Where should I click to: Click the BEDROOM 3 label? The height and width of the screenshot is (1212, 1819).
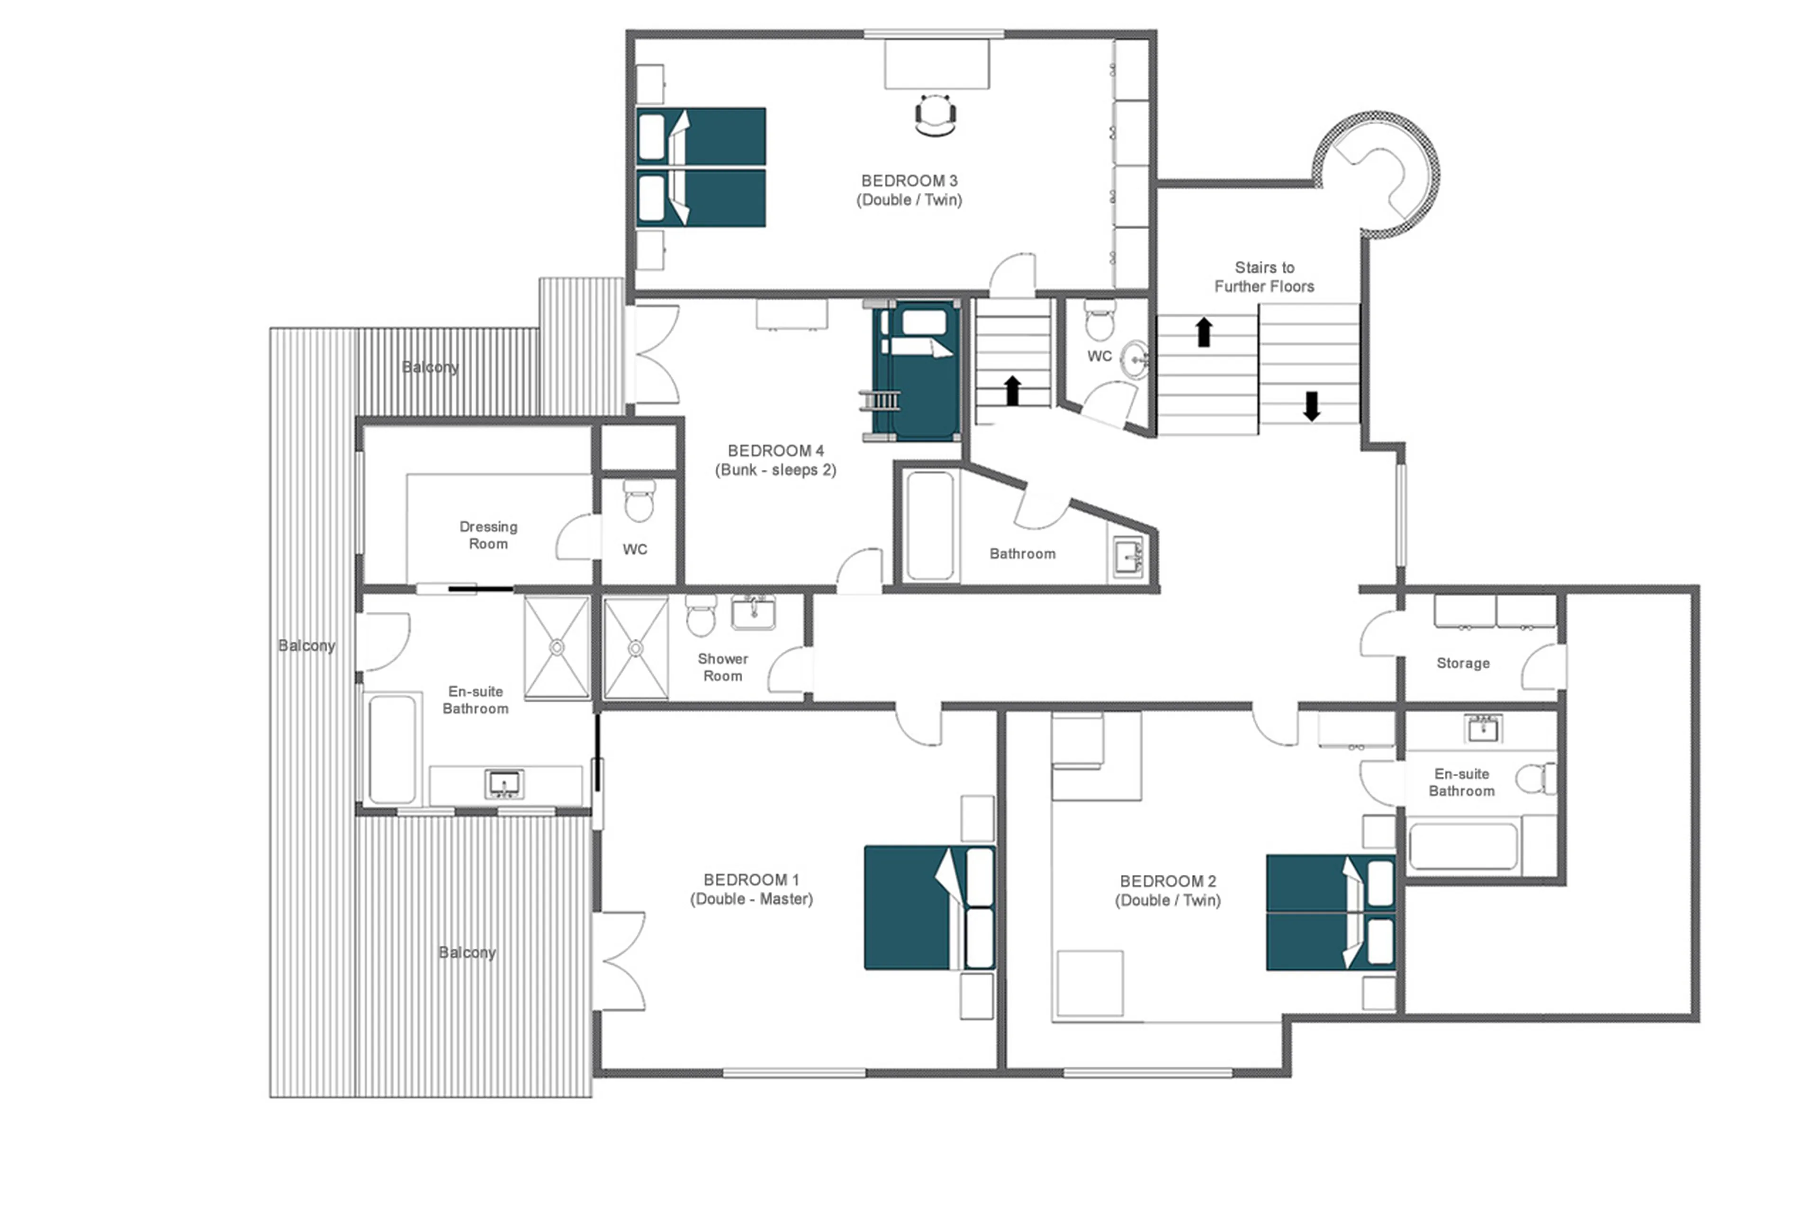(909, 181)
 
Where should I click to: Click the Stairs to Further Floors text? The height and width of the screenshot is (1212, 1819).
(1263, 277)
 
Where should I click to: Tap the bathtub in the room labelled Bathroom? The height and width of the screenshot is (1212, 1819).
(929, 526)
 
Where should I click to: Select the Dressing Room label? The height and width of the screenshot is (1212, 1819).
(488, 535)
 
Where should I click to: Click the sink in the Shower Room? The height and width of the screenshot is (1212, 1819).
(753, 613)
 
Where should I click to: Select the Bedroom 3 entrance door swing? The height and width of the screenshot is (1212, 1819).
(1013, 276)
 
